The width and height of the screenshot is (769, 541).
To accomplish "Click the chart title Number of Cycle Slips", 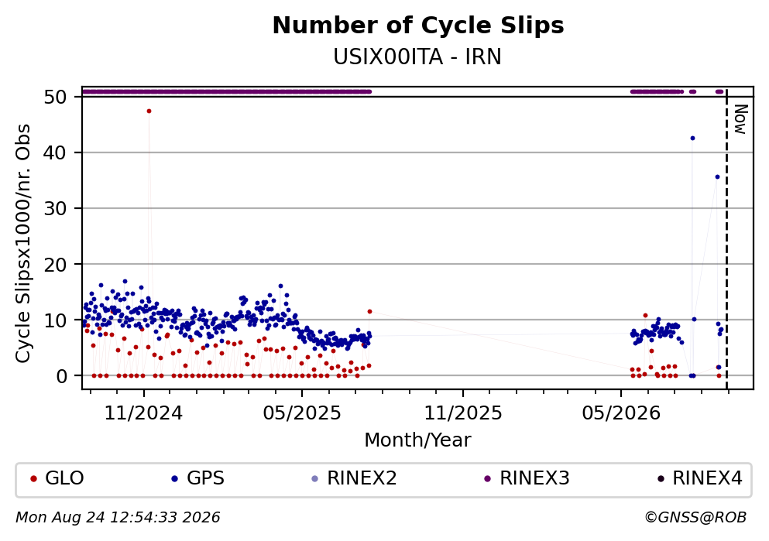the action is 418,26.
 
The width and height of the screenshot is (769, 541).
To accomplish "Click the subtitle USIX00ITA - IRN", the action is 417,57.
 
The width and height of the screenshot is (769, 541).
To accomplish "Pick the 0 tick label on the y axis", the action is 62,376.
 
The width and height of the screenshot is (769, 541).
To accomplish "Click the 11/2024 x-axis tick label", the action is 144,413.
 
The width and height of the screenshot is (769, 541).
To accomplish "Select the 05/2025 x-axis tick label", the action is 302,413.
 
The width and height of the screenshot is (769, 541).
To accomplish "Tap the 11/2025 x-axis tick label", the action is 463,413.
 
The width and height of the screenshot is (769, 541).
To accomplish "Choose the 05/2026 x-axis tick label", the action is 621,413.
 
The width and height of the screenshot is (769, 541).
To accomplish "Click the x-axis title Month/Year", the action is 418,440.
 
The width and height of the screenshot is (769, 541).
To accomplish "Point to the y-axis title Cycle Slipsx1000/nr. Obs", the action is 23,244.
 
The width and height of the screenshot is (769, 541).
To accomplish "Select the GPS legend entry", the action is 197,478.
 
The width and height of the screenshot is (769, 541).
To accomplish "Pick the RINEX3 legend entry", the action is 527,478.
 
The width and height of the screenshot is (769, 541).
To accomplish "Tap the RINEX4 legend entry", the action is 700,478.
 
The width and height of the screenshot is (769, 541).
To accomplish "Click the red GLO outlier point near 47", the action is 149,111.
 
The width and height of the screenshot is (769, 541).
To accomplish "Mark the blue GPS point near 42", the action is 692,139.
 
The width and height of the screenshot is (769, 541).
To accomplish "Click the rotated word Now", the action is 740,119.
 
